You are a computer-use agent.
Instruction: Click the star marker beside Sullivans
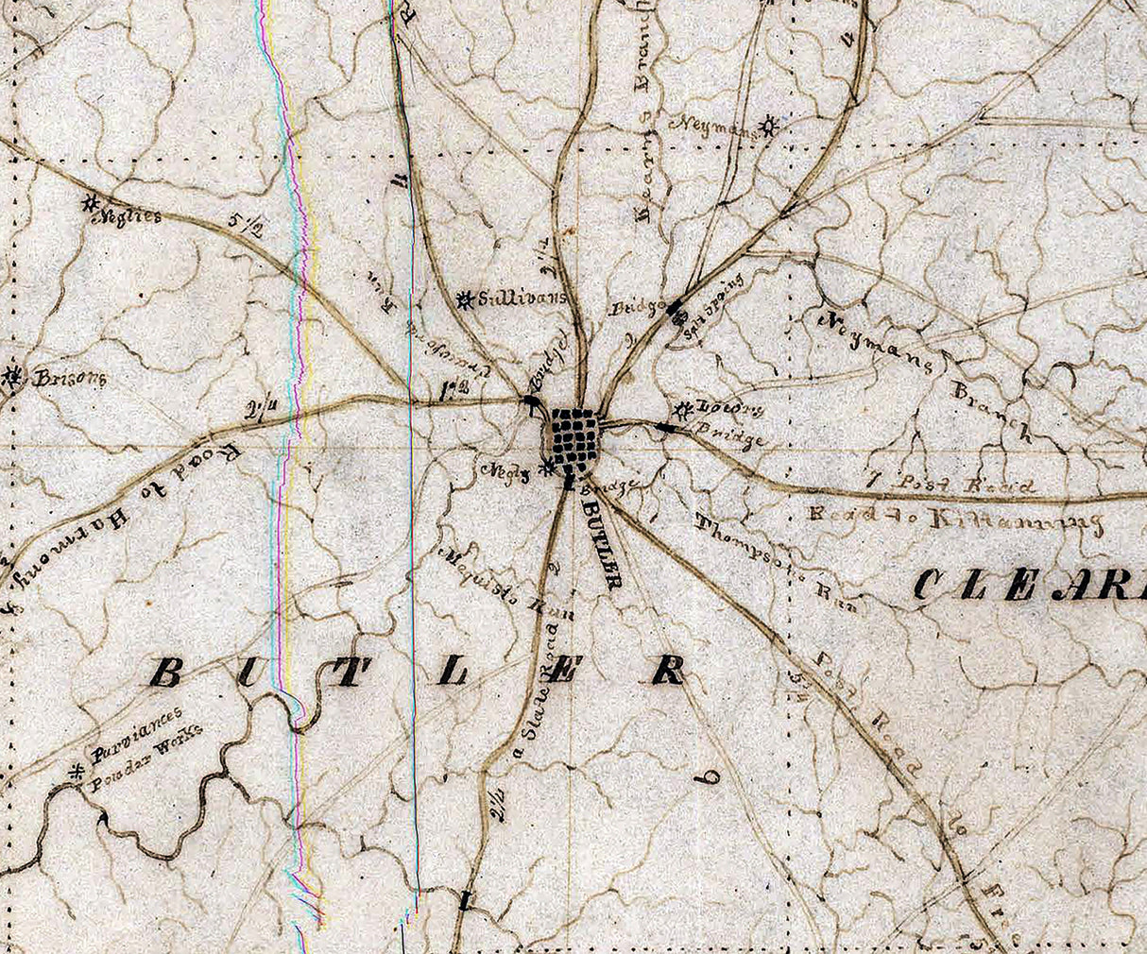[464, 300]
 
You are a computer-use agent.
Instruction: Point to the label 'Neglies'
[130, 216]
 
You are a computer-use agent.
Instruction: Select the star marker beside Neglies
[91, 202]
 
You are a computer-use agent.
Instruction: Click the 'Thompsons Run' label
[775, 562]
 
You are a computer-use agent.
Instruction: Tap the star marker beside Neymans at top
[771, 123]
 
